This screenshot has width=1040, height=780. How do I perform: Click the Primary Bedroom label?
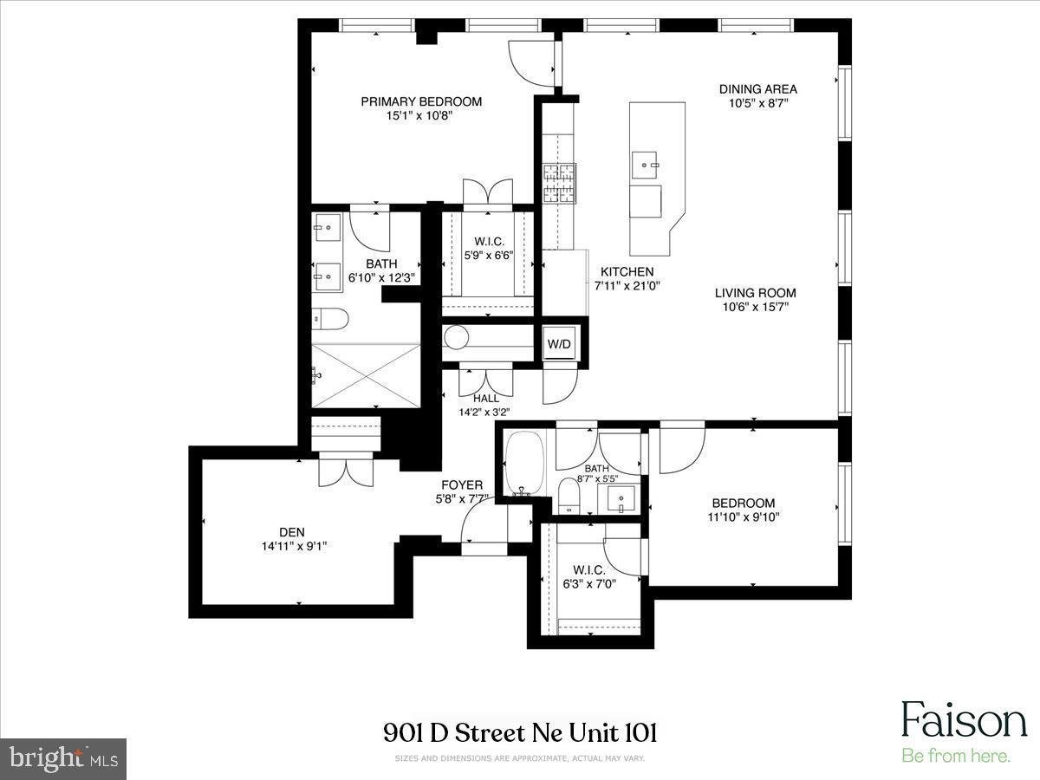(x=421, y=101)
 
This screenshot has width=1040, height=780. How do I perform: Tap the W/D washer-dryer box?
(x=559, y=344)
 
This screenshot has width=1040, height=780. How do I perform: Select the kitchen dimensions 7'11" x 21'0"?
(x=627, y=286)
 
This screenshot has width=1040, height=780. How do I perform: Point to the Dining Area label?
(x=758, y=89)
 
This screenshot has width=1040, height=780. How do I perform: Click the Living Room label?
(x=755, y=293)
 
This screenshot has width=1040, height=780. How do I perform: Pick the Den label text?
(x=292, y=532)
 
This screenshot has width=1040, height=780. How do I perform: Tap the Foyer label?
(x=462, y=485)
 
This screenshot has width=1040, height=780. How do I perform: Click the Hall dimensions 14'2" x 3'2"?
(x=484, y=413)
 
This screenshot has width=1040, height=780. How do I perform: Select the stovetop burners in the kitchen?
(x=559, y=183)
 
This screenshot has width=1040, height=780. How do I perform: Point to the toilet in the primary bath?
(x=330, y=319)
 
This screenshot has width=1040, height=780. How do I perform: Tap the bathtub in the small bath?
(x=523, y=463)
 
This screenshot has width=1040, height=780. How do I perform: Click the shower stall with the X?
(x=367, y=375)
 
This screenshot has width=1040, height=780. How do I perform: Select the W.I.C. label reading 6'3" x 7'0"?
(x=589, y=577)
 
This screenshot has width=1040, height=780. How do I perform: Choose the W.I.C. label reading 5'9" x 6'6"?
(x=489, y=249)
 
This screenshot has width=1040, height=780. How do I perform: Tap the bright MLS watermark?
(x=63, y=759)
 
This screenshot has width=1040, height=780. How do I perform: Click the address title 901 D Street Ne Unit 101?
(x=520, y=733)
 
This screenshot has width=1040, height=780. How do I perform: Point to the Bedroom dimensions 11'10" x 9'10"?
(x=744, y=517)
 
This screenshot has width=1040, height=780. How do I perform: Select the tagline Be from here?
(x=956, y=755)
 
